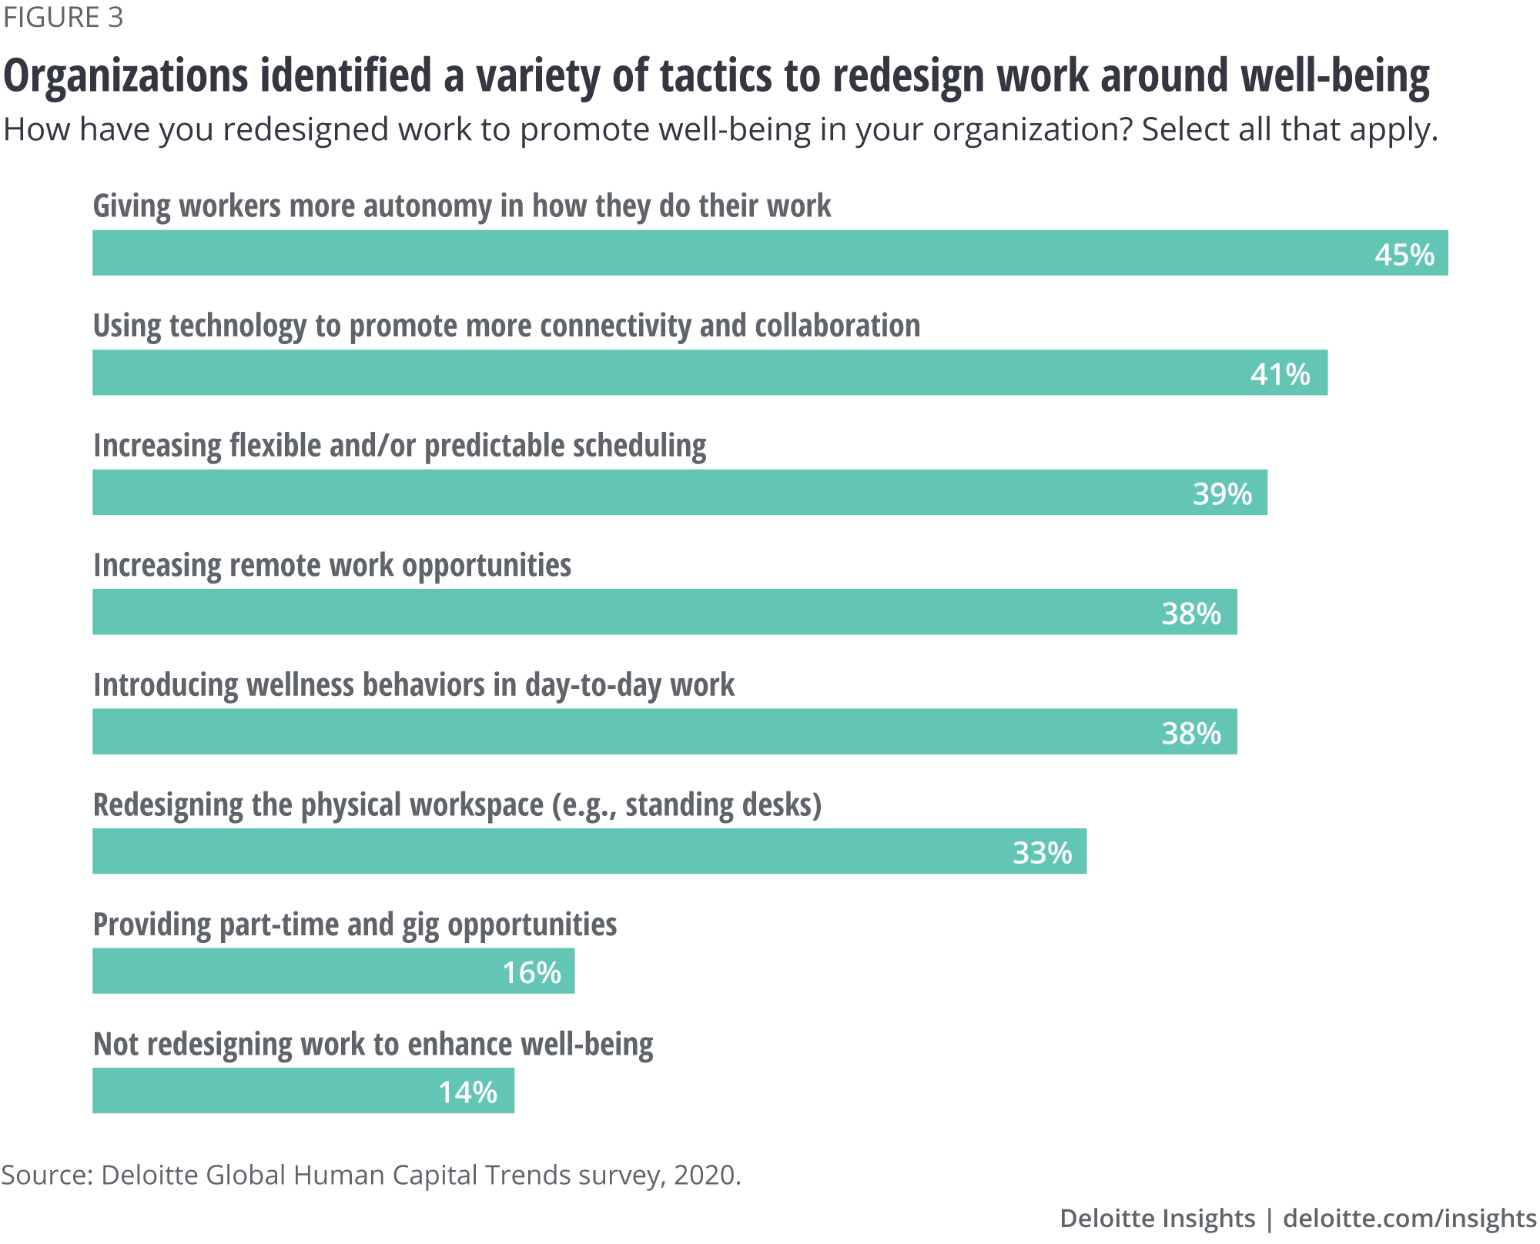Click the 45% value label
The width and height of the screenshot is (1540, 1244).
(1404, 255)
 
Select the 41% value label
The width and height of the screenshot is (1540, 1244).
(1280, 375)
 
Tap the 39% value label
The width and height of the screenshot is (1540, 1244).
(1222, 494)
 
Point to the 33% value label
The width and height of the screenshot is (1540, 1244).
(1042, 853)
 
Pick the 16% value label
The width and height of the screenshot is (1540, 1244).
(531, 973)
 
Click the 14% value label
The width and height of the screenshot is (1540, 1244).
(467, 1092)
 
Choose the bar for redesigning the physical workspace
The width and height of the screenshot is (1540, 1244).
(539, 851)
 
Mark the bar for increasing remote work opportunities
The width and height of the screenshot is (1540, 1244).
(616, 613)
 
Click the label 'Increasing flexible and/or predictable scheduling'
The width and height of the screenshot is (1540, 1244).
(400, 446)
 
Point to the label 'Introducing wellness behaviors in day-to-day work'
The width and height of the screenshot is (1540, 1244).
(413, 685)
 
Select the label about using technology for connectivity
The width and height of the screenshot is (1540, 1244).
(507, 326)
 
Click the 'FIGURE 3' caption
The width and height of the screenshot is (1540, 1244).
(63, 18)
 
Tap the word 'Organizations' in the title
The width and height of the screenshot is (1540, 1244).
(126, 76)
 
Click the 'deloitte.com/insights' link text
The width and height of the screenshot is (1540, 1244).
(1409, 1218)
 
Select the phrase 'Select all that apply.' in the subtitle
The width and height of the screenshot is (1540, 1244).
(1290, 130)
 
